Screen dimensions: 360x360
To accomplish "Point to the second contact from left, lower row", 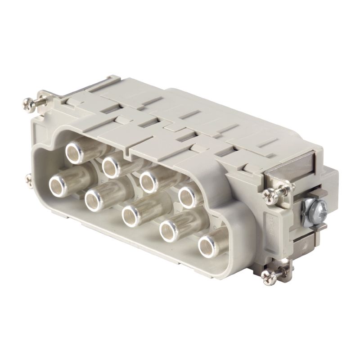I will [95, 198].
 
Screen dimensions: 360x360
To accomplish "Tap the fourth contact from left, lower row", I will [170, 229].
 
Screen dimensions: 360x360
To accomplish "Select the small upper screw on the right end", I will [270, 194].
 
